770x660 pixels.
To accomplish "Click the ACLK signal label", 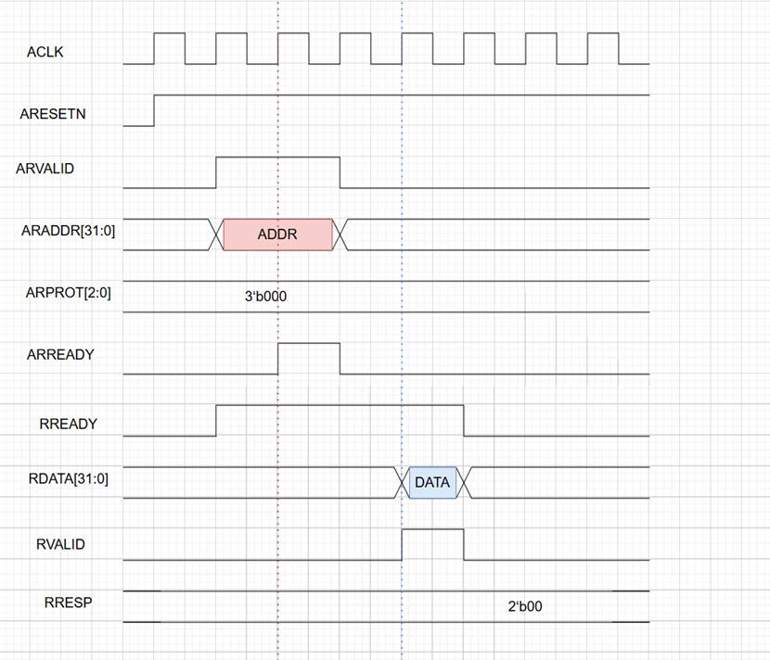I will (x=45, y=53).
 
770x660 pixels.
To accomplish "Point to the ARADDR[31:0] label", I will (x=68, y=231).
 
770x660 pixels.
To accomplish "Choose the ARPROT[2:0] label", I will (x=70, y=293).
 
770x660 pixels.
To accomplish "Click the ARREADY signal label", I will (x=60, y=354).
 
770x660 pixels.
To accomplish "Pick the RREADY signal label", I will (x=68, y=424).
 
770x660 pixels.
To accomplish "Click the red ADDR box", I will (x=277, y=235).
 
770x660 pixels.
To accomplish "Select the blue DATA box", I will (x=432, y=483).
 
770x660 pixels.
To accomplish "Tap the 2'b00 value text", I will (x=524, y=607).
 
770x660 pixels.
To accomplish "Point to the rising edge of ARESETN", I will (x=154, y=109).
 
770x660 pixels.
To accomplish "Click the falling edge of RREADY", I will (x=464, y=420).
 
